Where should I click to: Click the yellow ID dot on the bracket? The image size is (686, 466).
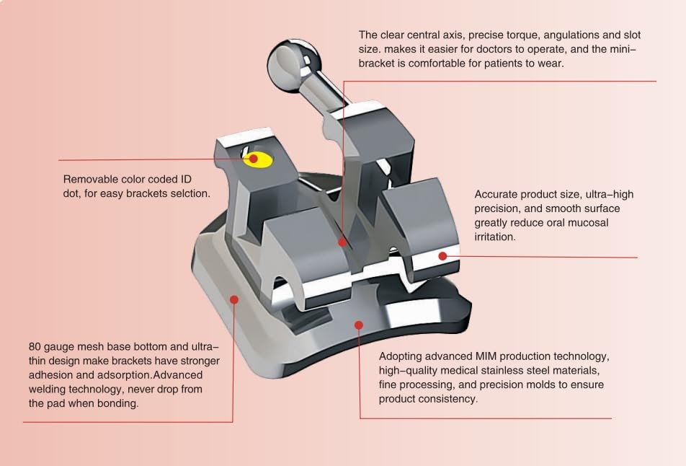point(258,159)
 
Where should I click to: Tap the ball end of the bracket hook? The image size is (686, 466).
point(288,64)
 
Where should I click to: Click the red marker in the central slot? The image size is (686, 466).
point(342,242)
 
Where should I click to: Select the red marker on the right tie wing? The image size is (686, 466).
point(442,256)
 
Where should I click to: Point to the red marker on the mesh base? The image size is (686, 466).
point(234,299)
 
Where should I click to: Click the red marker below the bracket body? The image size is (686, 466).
point(359,325)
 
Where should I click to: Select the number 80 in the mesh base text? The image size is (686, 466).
point(35,347)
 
